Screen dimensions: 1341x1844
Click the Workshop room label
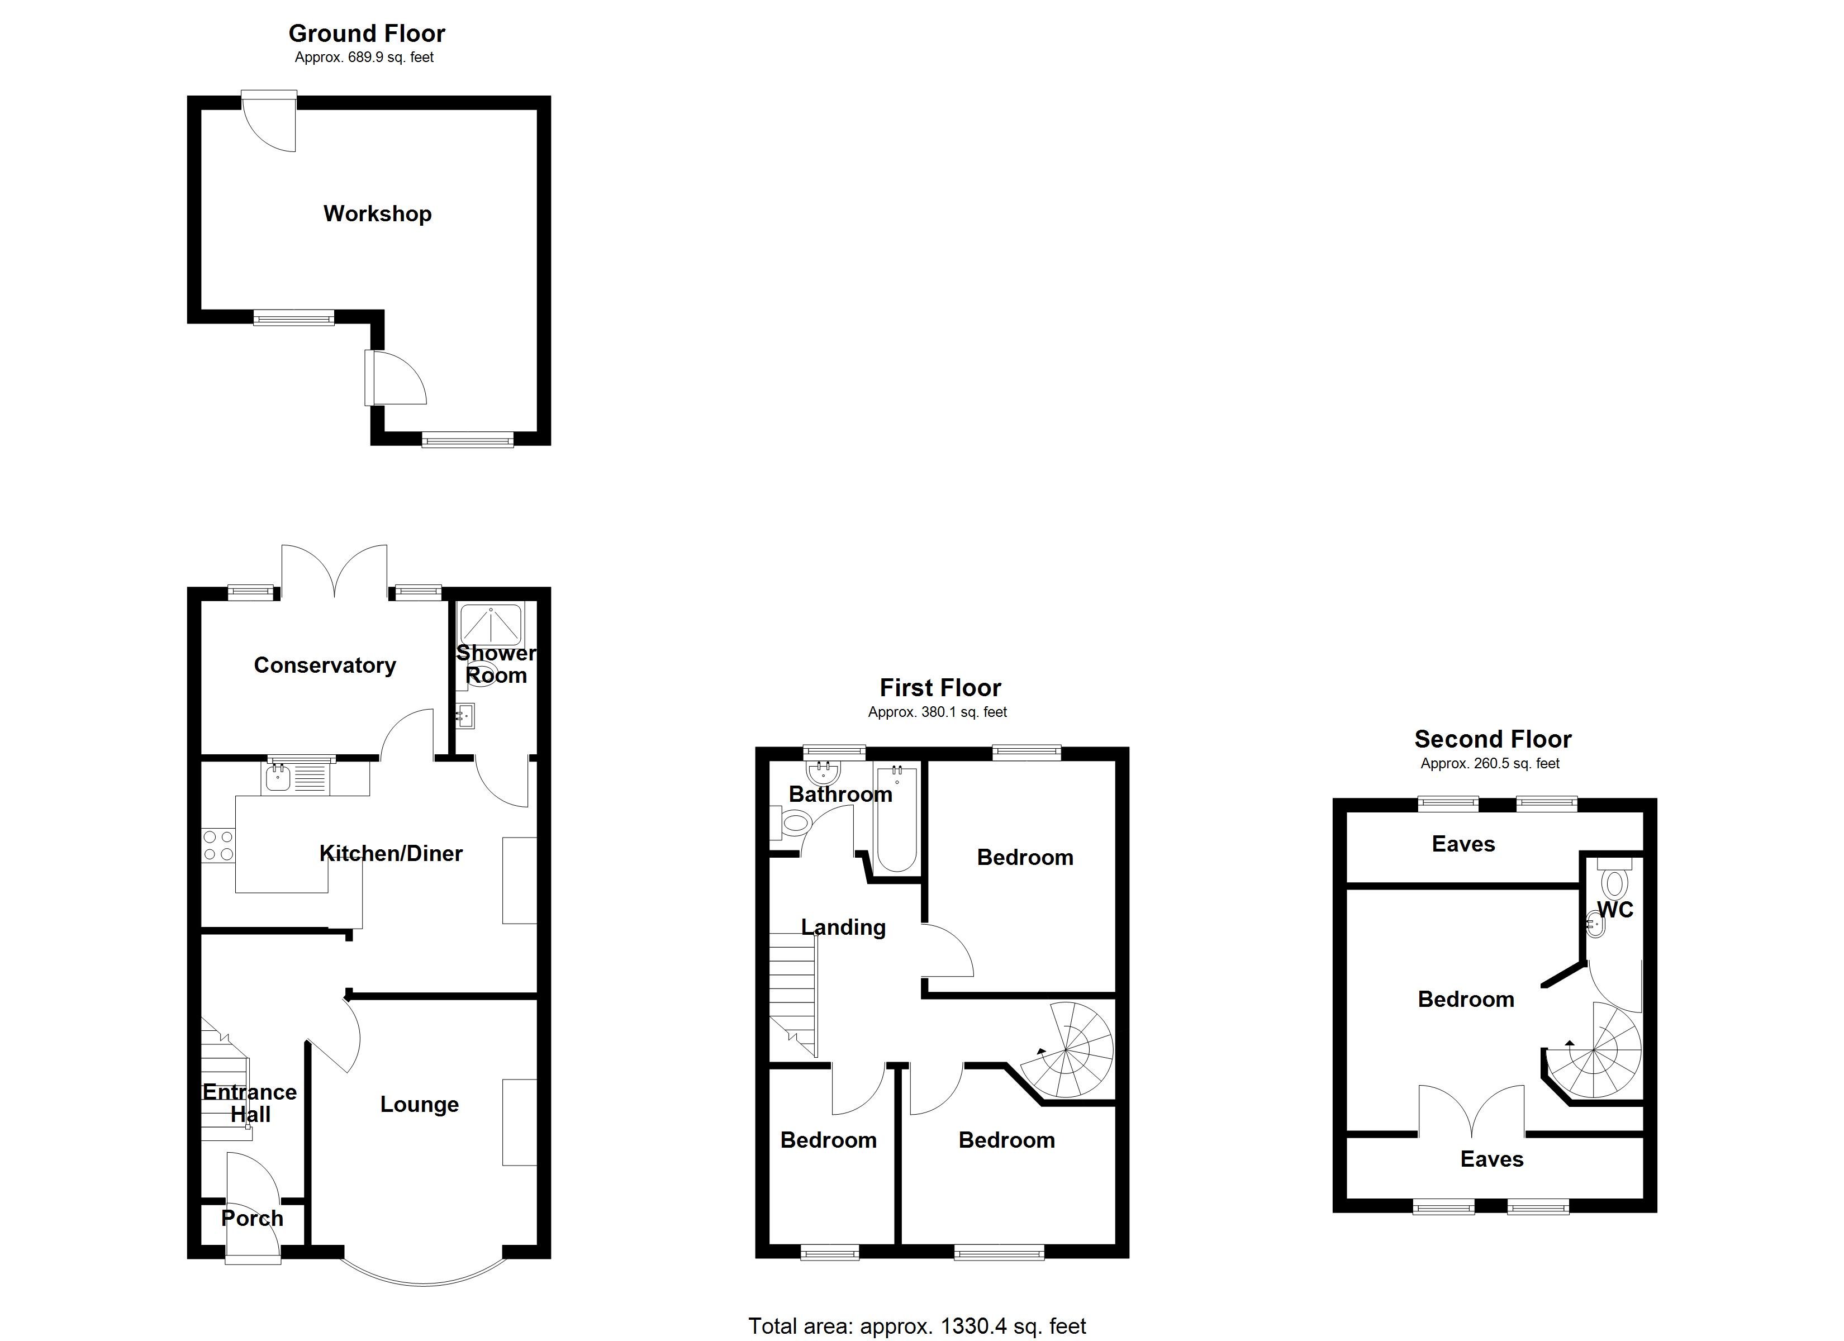377,214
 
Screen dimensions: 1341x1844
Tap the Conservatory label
325,665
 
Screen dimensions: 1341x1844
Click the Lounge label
420,1104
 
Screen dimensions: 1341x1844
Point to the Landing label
843,927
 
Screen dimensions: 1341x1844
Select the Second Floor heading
1493,739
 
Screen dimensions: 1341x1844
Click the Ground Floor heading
367,34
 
